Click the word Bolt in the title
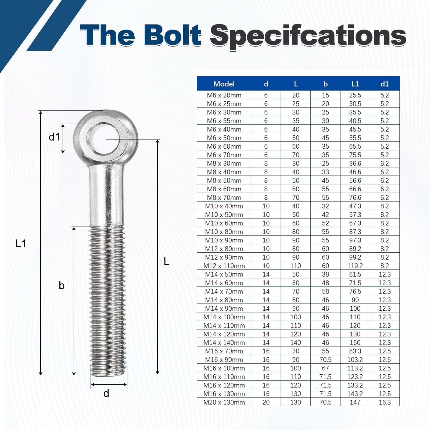[x=173, y=35]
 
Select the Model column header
[x=224, y=84]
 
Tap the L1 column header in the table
[x=355, y=84]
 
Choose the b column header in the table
[x=325, y=84]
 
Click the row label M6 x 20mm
[x=224, y=95]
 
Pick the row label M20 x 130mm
[x=224, y=402]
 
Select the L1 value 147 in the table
[x=355, y=402]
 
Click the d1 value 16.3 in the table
[x=385, y=402]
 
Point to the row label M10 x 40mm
[x=224, y=206]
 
